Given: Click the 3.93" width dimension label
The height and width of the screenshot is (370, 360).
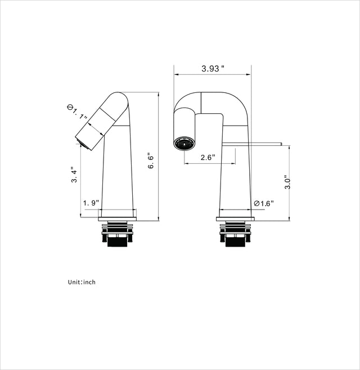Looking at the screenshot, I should pos(213,69).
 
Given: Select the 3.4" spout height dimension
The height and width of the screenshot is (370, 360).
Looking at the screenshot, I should pos(73,175).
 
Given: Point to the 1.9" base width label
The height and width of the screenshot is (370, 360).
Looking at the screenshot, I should pos(91,203).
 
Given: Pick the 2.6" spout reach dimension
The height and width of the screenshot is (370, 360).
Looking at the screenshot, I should pos(208,158).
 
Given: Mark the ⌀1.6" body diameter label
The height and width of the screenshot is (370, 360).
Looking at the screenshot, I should pos(263,203).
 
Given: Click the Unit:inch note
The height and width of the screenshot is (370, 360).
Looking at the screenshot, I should pos(82,282).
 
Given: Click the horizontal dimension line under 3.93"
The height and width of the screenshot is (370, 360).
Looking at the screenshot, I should pos(213,75).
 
